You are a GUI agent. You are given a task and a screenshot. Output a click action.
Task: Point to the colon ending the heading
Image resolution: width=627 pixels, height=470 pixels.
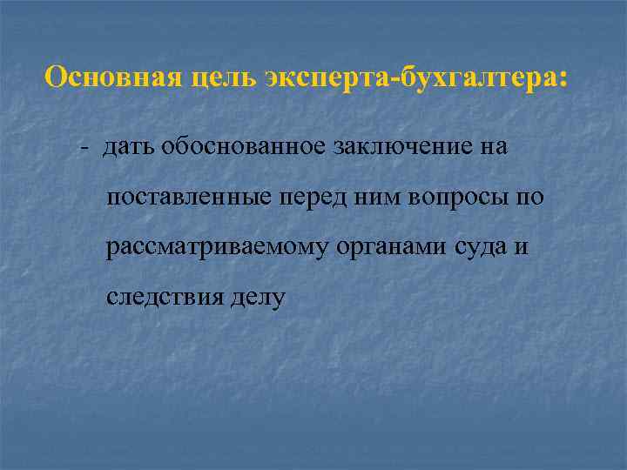(562, 80)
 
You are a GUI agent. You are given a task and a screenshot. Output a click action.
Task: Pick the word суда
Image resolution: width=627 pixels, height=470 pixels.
(482, 248)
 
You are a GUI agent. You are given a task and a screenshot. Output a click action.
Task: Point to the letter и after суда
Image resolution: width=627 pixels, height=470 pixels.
(522, 249)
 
